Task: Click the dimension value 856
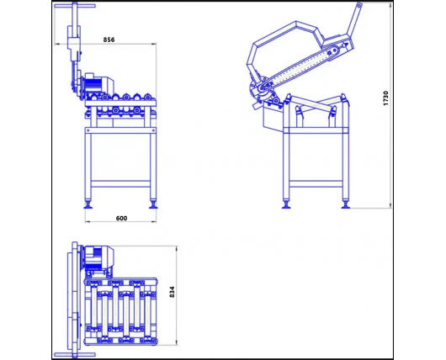[x=109, y=40]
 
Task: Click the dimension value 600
[x=121, y=219]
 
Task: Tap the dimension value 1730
[x=385, y=98]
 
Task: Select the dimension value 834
[x=172, y=292]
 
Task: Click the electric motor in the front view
[x=99, y=82]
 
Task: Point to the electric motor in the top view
[x=99, y=258]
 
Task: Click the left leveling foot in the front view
[x=88, y=204]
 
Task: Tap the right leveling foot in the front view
[x=153, y=204]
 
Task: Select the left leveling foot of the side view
[x=286, y=204]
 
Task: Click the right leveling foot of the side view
[x=346, y=204]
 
